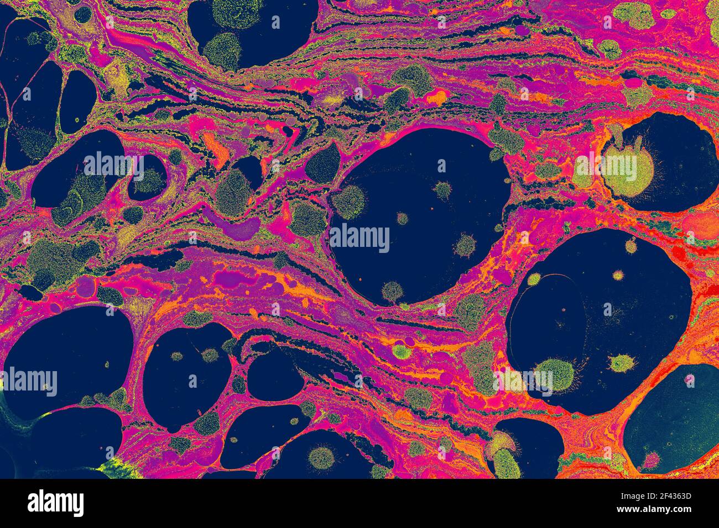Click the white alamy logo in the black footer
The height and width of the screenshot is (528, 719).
tap(56, 503)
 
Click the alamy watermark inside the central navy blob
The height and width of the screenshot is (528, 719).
tap(359, 238)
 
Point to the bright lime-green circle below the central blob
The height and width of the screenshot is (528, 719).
tap(402, 351)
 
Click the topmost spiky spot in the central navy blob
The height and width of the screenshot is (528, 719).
tap(442, 190)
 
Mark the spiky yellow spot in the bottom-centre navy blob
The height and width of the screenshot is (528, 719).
tap(321, 458)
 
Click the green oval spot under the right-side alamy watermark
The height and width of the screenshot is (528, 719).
tap(553, 375)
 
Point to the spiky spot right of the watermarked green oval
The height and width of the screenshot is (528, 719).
tap(621, 363)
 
